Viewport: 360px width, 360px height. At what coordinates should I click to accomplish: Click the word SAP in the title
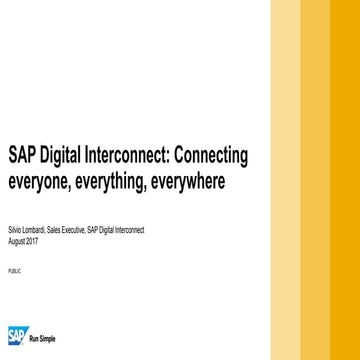(x=22, y=156)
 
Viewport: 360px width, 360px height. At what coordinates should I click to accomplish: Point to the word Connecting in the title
(x=213, y=157)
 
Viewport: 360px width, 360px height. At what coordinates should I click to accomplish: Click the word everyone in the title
(x=38, y=183)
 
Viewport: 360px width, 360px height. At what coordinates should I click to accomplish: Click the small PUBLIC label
(x=13, y=271)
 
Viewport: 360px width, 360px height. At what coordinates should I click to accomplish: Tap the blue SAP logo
(x=17, y=335)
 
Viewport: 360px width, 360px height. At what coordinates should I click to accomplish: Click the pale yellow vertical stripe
(x=285, y=180)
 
